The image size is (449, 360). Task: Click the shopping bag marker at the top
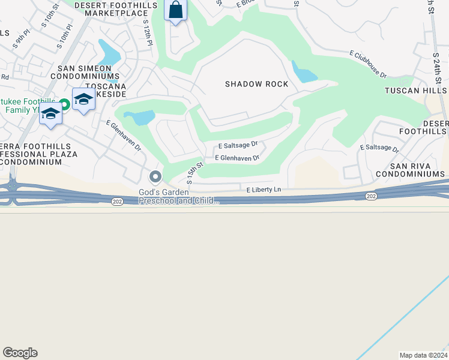(x=175, y=11)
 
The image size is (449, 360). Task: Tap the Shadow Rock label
(x=257, y=84)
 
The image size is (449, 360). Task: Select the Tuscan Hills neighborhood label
(x=416, y=91)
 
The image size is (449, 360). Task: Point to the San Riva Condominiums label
(x=411, y=169)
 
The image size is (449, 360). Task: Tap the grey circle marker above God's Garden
(x=155, y=176)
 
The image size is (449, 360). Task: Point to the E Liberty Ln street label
(x=264, y=190)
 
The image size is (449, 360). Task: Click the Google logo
(x=20, y=353)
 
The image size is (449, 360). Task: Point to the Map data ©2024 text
(x=423, y=355)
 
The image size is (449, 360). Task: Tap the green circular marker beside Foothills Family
(x=64, y=104)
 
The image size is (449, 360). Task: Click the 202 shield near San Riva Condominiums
(x=370, y=196)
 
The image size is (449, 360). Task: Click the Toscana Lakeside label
(x=105, y=90)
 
